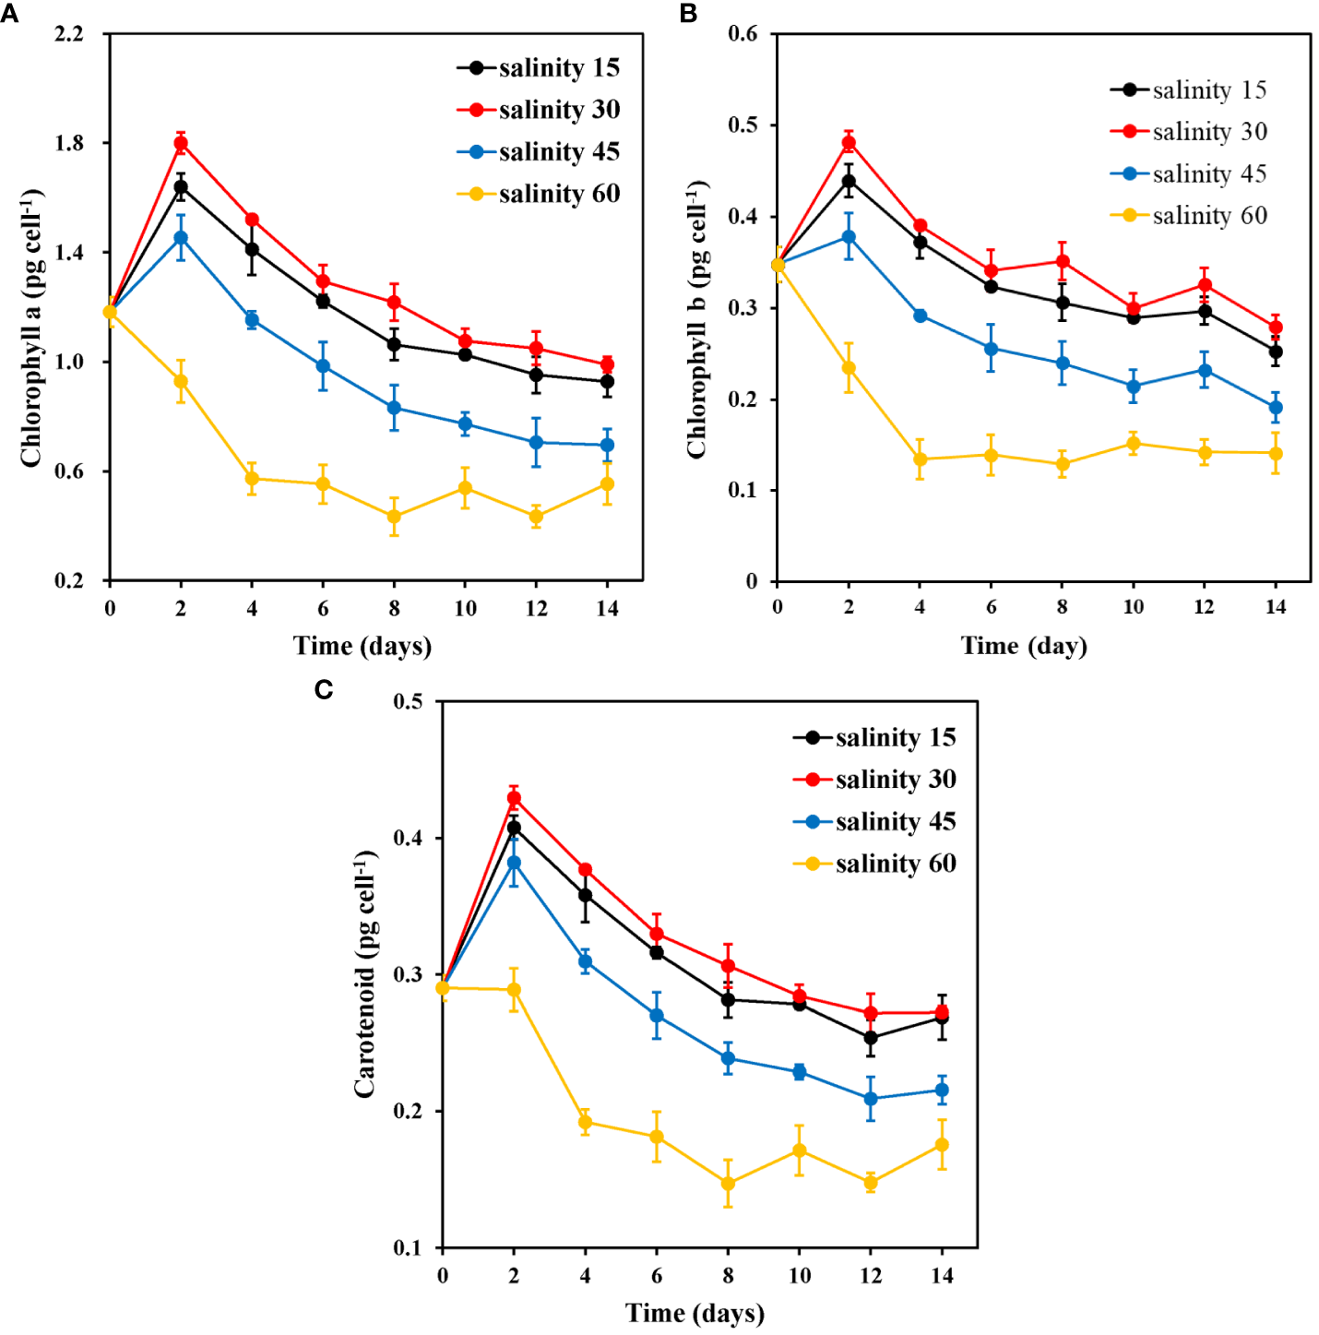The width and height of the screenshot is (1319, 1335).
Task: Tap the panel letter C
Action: pyautogui.click(x=323, y=689)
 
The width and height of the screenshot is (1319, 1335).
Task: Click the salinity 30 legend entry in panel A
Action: pyautogui.click(x=539, y=110)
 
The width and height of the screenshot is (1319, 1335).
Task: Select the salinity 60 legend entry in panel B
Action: pyautogui.click(x=1189, y=215)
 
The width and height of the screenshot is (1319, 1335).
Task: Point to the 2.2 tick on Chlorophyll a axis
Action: pyautogui.click(x=69, y=34)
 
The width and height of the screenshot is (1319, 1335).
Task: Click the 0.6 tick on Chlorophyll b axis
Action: pyautogui.click(x=743, y=34)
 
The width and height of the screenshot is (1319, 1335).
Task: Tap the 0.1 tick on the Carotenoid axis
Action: pyautogui.click(x=407, y=1247)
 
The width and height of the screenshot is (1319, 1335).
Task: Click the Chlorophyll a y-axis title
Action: pyautogui.click(x=31, y=328)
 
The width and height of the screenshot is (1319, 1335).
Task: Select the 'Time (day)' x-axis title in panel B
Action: pyautogui.click(x=1024, y=646)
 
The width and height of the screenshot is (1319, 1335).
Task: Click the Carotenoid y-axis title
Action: pyautogui.click(x=365, y=973)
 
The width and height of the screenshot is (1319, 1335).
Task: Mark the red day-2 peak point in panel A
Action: pyautogui.click(x=181, y=143)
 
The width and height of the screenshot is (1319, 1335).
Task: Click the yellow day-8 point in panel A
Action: pyautogui.click(x=394, y=517)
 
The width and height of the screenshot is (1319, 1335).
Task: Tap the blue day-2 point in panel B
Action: pyautogui.click(x=849, y=237)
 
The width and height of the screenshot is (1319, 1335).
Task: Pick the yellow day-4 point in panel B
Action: pyautogui.click(x=920, y=459)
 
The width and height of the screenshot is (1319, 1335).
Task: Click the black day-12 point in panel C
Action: pyautogui.click(x=870, y=1038)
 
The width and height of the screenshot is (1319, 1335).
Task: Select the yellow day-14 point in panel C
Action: pyautogui.click(x=942, y=1144)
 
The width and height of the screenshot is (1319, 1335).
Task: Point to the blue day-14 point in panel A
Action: pyautogui.click(x=607, y=445)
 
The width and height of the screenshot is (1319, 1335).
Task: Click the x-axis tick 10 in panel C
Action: pyautogui.click(x=799, y=1276)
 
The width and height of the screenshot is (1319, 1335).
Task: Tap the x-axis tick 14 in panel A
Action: pyautogui.click(x=607, y=609)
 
